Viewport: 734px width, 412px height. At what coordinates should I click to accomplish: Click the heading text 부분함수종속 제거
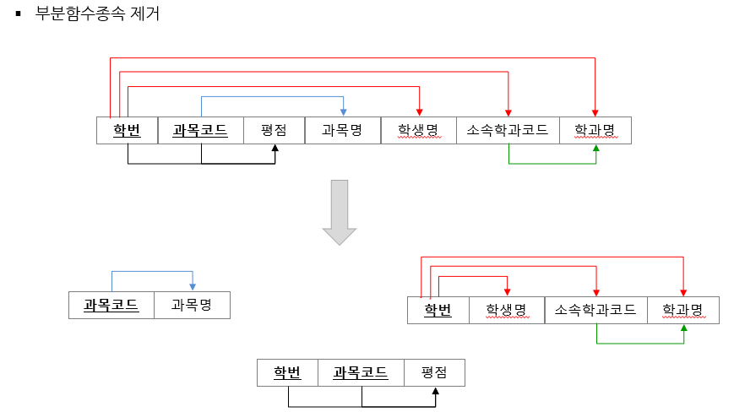(97, 14)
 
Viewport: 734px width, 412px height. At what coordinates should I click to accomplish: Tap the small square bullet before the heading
(18, 14)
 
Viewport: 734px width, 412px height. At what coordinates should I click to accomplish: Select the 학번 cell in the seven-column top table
(128, 130)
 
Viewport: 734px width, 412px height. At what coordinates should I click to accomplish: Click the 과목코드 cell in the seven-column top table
(201, 130)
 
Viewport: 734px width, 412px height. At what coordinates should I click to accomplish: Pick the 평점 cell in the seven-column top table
(274, 130)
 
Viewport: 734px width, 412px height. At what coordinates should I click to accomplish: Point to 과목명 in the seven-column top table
(342, 130)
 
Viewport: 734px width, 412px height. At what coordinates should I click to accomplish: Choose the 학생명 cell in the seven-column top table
(419, 130)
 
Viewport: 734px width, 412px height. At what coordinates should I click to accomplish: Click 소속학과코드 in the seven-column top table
(508, 130)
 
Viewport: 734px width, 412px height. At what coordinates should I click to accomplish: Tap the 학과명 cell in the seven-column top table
(595, 130)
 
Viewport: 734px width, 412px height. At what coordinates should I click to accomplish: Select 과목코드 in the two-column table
(111, 305)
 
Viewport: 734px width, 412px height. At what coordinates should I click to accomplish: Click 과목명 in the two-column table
(192, 305)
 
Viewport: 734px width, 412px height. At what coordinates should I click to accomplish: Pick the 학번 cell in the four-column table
(438, 310)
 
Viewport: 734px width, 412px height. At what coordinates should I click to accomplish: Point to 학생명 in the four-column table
(507, 310)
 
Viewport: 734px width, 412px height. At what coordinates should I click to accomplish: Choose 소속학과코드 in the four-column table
(596, 310)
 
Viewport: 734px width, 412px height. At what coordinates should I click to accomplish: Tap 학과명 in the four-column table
(683, 310)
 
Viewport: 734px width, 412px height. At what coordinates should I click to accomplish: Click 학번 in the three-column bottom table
(287, 372)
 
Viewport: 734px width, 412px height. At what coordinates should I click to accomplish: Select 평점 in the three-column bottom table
(433, 372)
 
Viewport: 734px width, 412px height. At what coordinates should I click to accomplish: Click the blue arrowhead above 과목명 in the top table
(343, 112)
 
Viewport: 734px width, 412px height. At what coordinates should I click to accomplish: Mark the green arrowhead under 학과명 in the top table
(596, 149)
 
